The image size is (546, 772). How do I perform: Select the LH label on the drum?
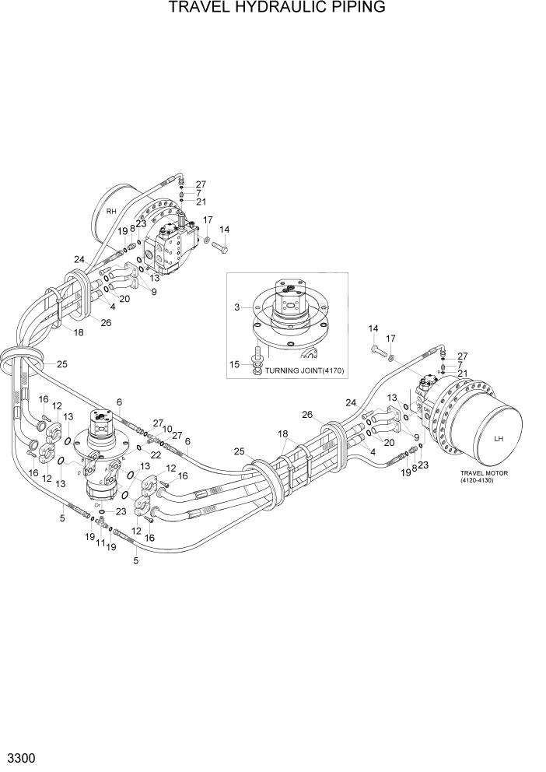pyautogui.click(x=499, y=438)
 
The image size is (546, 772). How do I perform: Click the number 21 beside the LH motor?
pyautogui.click(x=462, y=374)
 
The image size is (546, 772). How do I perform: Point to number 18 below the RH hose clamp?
pyautogui.click(x=78, y=332)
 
